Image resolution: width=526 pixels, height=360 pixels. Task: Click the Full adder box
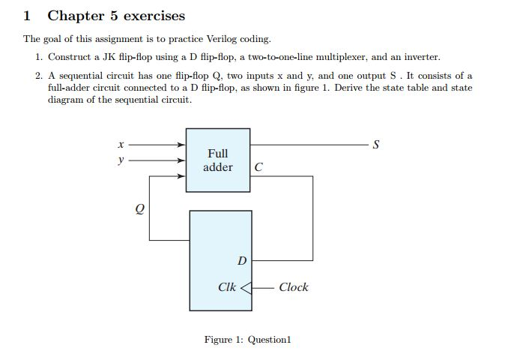click(x=218, y=160)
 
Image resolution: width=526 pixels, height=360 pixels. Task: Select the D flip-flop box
click(x=221, y=260)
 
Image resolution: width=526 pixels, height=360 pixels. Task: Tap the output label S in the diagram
click(x=376, y=145)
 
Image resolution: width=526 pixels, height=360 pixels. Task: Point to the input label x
click(x=121, y=145)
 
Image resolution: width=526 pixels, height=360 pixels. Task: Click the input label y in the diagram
click(x=121, y=160)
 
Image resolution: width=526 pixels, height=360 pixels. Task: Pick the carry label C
click(x=259, y=167)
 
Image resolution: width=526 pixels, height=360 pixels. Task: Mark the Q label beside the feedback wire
click(x=140, y=209)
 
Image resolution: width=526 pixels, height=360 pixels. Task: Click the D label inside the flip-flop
click(x=242, y=260)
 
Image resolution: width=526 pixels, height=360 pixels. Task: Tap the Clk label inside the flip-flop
click(x=227, y=287)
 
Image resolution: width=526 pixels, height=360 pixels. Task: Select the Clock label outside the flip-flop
click(x=294, y=287)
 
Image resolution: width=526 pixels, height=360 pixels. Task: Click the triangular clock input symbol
click(x=247, y=288)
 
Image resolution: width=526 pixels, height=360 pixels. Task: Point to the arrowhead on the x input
click(x=181, y=145)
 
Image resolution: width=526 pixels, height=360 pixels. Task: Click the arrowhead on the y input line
click(x=181, y=160)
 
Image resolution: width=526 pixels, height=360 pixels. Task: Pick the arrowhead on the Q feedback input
click(x=181, y=176)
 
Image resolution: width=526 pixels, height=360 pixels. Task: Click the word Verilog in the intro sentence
click(x=221, y=39)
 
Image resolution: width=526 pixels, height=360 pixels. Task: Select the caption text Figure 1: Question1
click(x=247, y=340)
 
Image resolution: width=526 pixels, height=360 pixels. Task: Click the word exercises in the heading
click(x=154, y=16)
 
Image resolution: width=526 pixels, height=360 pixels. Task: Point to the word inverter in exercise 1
click(x=422, y=57)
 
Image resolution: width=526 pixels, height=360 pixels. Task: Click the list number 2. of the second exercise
click(x=39, y=76)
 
